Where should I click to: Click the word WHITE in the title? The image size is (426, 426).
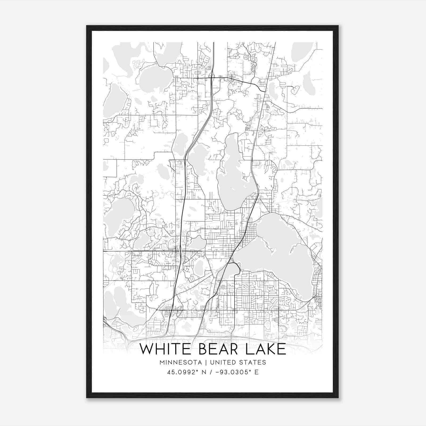[166, 349]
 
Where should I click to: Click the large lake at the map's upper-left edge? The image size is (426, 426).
[112, 101]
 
